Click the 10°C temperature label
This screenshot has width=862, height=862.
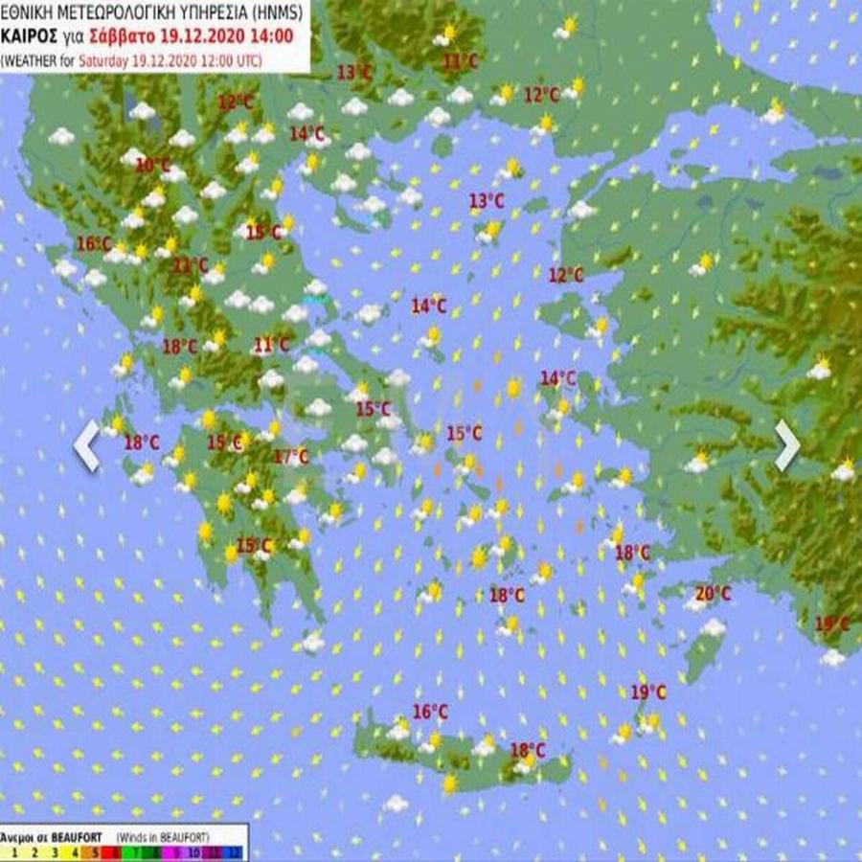(x=152, y=165)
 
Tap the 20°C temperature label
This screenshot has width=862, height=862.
(x=713, y=594)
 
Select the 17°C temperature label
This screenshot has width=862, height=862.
(x=291, y=457)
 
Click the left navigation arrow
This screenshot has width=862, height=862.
(x=86, y=445)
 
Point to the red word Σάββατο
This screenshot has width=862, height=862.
(x=120, y=38)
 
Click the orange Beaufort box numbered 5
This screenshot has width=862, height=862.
(x=93, y=851)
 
